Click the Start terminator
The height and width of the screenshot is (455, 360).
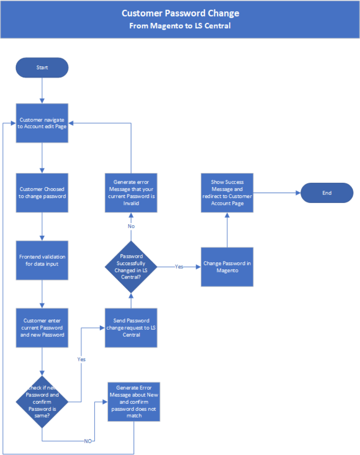[42, 68]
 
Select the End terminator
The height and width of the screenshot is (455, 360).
[327, 193]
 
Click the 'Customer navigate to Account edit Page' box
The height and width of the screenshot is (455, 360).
[42, 123]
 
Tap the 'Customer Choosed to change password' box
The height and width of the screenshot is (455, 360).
[42, 193]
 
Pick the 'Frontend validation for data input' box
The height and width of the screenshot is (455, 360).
[42, 260]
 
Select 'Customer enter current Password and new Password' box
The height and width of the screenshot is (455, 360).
[42, 328]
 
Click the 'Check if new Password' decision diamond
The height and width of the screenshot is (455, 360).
[42, 402]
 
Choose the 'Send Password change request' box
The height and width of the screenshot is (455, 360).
[131, 328]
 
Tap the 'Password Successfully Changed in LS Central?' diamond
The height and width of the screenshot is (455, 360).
[131, 267]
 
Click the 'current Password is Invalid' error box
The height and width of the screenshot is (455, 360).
[131, 193]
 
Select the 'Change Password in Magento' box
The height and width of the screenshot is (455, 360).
[227, 267]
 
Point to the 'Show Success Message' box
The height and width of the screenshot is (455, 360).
[227, 193]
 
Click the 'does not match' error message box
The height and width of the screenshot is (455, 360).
[134, 401]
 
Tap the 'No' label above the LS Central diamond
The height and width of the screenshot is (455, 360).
[131, 226]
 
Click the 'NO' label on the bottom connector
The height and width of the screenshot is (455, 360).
[88, 441]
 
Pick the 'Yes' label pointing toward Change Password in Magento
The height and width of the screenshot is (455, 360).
[179, 266]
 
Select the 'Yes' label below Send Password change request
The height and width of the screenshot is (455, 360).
[81, 359]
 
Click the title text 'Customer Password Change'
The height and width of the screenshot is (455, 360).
[180, 13]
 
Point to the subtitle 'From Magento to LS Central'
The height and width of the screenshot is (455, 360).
[180, 26]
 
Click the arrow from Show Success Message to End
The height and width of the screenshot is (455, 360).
[277, 193]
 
